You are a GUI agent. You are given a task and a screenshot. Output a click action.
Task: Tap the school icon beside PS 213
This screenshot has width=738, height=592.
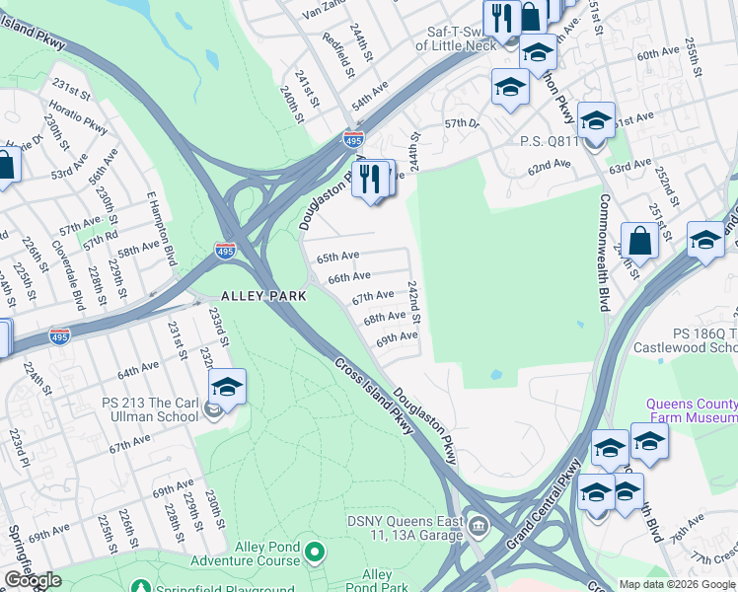(227, 388)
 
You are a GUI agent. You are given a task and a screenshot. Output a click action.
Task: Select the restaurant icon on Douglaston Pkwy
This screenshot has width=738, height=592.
(370, 179)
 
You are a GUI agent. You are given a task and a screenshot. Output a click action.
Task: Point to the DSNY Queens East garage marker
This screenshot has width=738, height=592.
(479, 523)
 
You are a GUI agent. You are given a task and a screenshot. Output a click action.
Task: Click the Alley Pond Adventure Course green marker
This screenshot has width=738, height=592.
(315, 551)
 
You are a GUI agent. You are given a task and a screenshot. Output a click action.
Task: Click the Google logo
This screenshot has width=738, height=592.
(33, 580)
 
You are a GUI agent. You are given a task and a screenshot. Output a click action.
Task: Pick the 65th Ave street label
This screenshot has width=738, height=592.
(337, 258)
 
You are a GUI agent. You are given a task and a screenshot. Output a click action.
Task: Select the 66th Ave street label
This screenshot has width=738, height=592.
(349, 278)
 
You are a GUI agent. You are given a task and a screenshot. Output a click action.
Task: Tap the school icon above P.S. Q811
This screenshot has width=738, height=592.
(596, 120)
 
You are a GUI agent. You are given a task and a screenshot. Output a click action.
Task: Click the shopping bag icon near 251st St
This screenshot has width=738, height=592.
(639, 240)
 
